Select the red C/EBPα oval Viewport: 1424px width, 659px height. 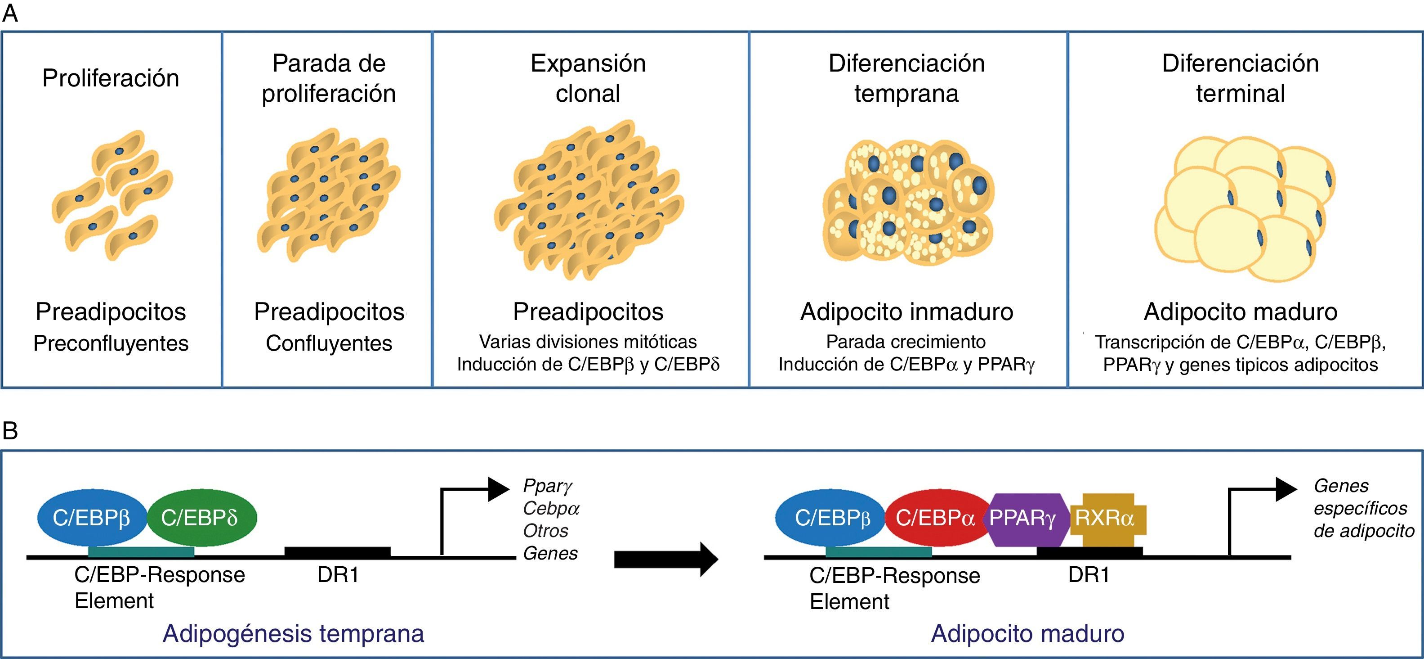coord(936,518)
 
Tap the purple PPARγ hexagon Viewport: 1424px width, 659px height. coord(1022,519)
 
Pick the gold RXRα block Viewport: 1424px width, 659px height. coord(1106,519)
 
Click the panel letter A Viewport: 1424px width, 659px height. coord(10,14)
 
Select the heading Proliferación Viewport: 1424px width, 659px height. coord(111,78)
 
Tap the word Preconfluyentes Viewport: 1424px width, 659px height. coord(111,343)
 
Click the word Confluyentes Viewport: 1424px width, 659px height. coord(329,343)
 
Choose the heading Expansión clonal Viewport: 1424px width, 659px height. coord(588,78)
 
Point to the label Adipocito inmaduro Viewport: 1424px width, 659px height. coord(906,311)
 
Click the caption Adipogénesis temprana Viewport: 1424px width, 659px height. coord(294,633)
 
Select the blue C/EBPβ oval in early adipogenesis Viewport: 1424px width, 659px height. coord(92,518)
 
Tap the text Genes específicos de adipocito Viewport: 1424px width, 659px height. coord(1363,509)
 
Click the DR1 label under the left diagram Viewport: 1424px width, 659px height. coord(338,575)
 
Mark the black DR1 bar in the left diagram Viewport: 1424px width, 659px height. coord(337,552)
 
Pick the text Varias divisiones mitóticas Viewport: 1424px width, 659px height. coord(588,342)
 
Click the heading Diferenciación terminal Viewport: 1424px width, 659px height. coord(1241,78)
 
